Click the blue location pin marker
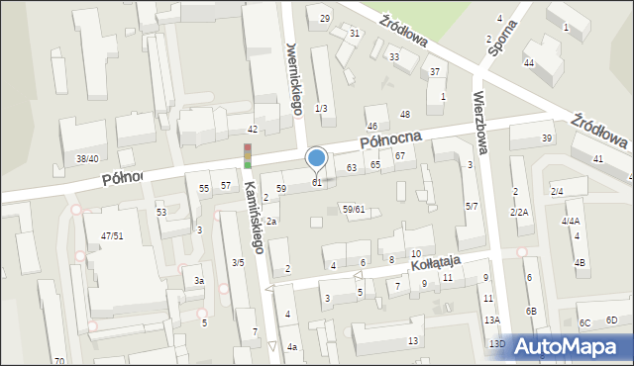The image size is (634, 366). tap(317, 158)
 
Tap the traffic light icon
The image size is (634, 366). tap(248, 156)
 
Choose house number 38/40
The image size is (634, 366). tap(87, 158)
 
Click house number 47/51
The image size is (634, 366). tap(111, 235)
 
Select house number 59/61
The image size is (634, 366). tap(354, 209)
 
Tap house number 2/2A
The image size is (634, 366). tap(519, 213)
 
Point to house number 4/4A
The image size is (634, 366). tap(571, 222)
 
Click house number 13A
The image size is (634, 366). tap(491, 320)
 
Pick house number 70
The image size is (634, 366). tap(59, 360)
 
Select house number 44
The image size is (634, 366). tap(529, 63)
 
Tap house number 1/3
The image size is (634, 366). tap(320, 108)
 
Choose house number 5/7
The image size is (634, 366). tap(472, 206)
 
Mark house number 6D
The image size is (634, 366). tap(611, 320)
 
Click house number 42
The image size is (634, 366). tap(253, 130)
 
